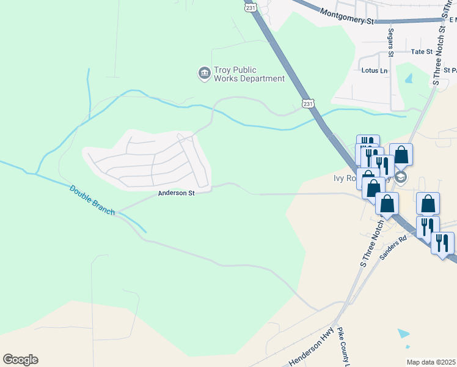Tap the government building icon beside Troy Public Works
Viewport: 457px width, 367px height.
(x=203, y=74)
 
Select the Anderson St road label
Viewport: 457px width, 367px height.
(x=176, y=193)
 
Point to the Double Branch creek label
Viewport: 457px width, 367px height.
(x=91, y=199)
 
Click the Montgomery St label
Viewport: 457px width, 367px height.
(x=346, y=17)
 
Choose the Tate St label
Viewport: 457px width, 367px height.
(x=422, y=52)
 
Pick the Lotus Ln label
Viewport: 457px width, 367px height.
(x=375, y=71)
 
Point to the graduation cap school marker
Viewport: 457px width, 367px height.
(x=401, y=178)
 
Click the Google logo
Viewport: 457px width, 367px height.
(x=20, y=360)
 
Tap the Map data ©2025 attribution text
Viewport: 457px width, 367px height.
(x=431, y=362)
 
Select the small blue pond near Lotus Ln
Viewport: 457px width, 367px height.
(x=408, y=78)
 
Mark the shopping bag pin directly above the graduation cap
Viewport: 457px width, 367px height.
(x=401, y=154)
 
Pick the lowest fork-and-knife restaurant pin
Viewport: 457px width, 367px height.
(x=442, y=242)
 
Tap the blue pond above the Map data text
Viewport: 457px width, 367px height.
(x=404, y=334)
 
